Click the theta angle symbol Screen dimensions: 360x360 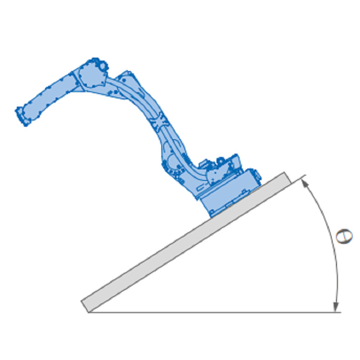click(344, 236)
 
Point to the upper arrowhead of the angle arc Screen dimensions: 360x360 click(304, 182)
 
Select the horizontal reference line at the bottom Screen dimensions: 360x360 click(215, 312)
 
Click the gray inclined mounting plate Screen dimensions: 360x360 click(186, 242)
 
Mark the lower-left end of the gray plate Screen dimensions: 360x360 click(85, 307)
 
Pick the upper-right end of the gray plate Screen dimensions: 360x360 click(288, 178)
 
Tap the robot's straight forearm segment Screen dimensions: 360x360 click(49, 96)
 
